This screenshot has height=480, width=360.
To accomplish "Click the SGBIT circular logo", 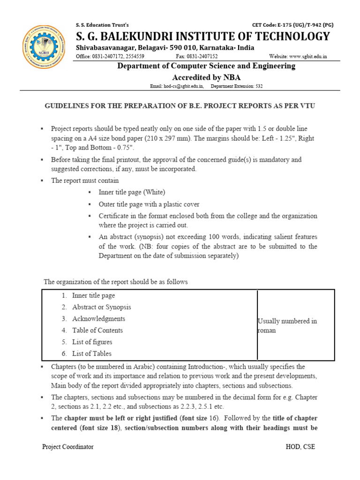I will tap(45, 46).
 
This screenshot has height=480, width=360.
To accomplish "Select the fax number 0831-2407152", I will tap(196, 56).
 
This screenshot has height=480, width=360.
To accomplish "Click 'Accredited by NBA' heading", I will tap(206, 77).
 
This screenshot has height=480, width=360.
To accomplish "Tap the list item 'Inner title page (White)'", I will tap(132, 192).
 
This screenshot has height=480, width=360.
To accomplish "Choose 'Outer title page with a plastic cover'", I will tap(149, 204).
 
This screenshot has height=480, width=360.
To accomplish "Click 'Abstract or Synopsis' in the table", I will tap(101, 307).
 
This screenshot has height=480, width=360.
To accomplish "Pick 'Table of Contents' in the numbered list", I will tap(97, 330).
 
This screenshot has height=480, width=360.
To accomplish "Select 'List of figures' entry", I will tap(92, 342).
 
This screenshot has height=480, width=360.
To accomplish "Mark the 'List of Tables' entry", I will tap(92, 353).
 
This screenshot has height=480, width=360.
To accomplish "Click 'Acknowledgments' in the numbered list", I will tap(98, 319).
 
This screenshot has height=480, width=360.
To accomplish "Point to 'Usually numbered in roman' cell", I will tap(287, 325).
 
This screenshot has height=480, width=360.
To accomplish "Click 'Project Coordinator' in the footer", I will tap(68, 447).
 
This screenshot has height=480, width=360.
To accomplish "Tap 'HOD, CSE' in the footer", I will tap(300, 447).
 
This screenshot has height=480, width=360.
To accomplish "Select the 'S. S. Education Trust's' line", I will tap(102, 25).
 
